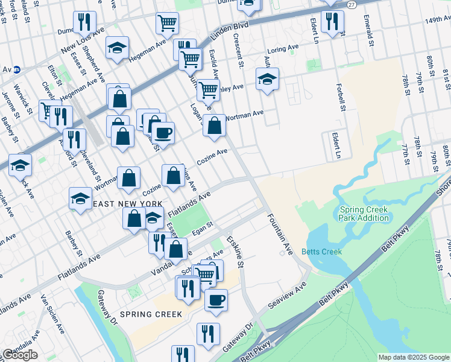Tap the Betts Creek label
(322, 252)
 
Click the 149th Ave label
(437, 20)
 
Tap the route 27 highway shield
(352, 4)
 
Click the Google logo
(20, 355)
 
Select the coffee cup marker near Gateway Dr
(216, 299)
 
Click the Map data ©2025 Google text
(414, 357)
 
